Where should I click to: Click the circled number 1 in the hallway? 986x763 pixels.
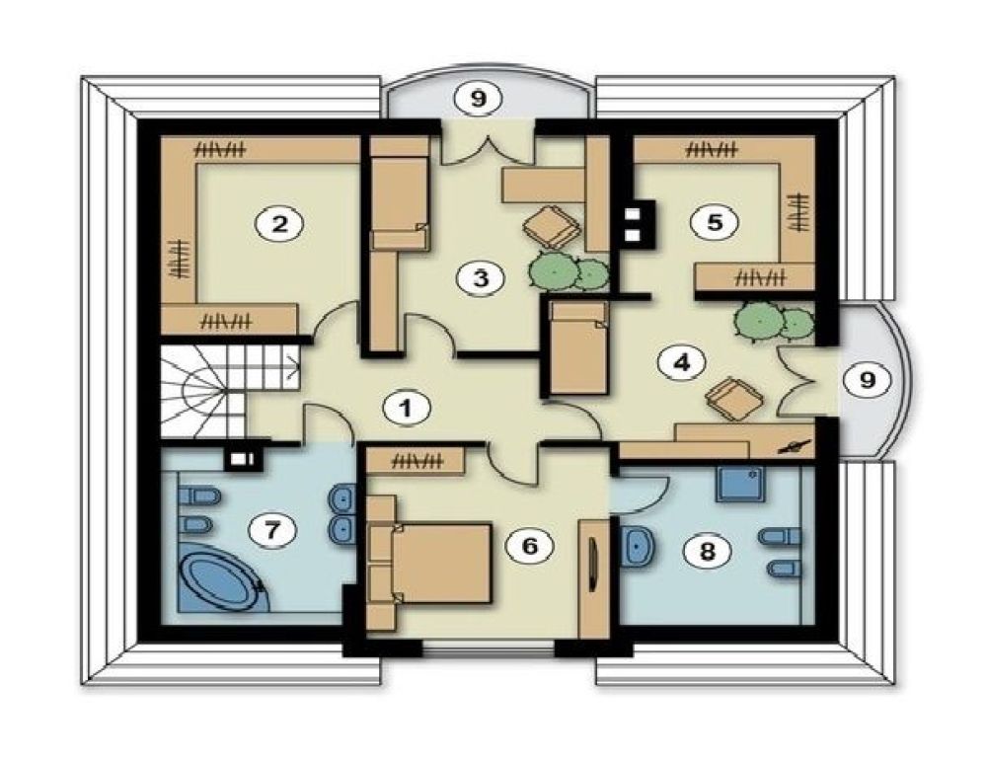[x=407, y=409]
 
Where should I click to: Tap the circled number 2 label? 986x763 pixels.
[x=279, y=224]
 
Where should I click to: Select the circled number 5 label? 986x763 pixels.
[x=715, y=222]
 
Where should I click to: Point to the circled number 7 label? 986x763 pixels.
[x=271, y=530]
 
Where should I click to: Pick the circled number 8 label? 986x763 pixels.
[x=708, y=552]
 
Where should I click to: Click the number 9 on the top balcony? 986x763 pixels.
[x=479, y=99]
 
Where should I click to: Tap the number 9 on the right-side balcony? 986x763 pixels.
[x=868, y=379]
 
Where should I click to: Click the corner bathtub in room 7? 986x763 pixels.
[x=221, y=581]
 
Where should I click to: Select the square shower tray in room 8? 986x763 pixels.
[x=741, y=483]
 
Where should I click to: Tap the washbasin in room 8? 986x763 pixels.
[x=639, y=546]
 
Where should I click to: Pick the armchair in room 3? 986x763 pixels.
[x=552, y=226]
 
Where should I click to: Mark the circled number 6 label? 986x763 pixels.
[x=530, y=546]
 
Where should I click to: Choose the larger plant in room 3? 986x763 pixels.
[x=554, y=271]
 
